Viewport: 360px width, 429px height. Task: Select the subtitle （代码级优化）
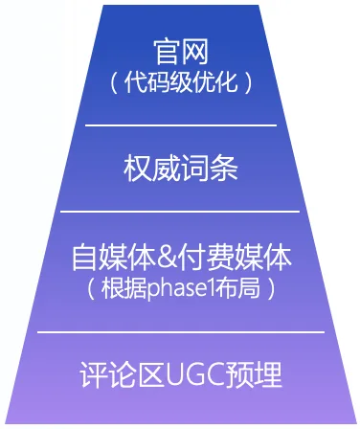(181, 82)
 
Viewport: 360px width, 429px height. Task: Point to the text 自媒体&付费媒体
(181, 258)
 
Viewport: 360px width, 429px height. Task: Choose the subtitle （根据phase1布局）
(181, 286)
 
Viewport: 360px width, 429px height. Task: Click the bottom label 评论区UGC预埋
(181, 374)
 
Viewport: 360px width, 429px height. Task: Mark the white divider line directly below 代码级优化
(181, 125)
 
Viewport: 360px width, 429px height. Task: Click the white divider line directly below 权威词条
(181, 212)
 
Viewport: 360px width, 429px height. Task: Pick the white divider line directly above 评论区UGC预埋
(181, 332)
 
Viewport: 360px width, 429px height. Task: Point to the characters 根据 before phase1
(123, 286)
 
